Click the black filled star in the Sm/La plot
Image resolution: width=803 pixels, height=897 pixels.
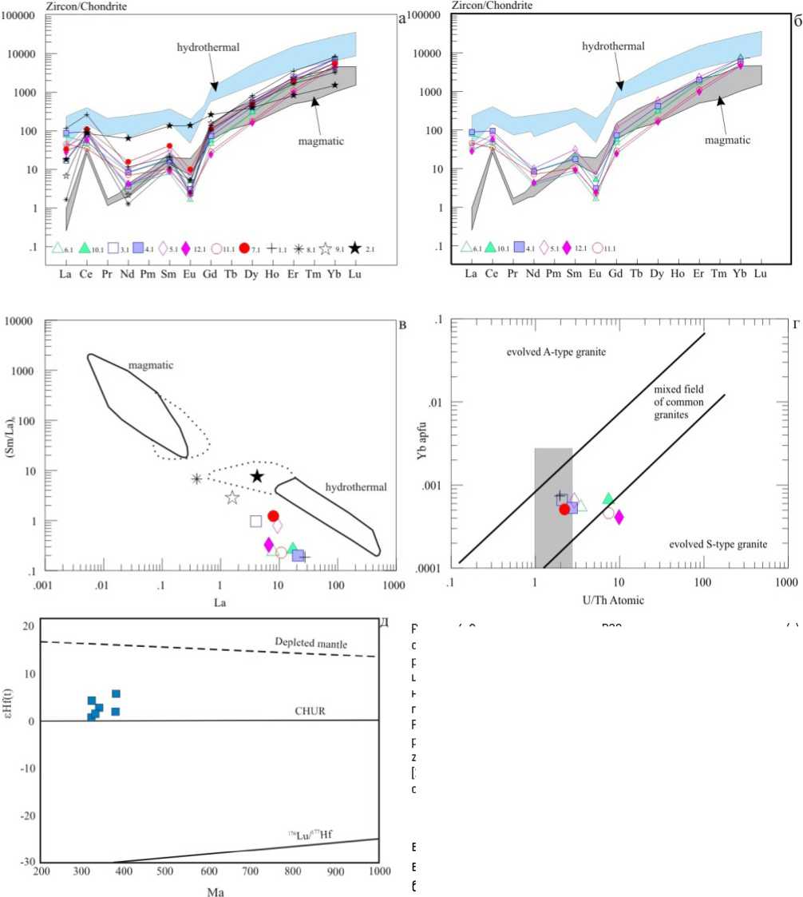click(257, 477)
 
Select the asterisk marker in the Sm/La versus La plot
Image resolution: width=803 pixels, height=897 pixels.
click(197, 479)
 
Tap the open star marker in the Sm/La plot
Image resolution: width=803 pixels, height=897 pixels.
click(232, 498)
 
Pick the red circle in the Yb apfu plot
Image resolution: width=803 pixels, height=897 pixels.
click(565, 509)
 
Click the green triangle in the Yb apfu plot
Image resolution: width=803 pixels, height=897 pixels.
click(608, 499)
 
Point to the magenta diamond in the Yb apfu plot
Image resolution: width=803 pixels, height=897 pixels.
click(619, 517)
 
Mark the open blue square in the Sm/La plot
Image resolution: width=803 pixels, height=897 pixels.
click(256, 522)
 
